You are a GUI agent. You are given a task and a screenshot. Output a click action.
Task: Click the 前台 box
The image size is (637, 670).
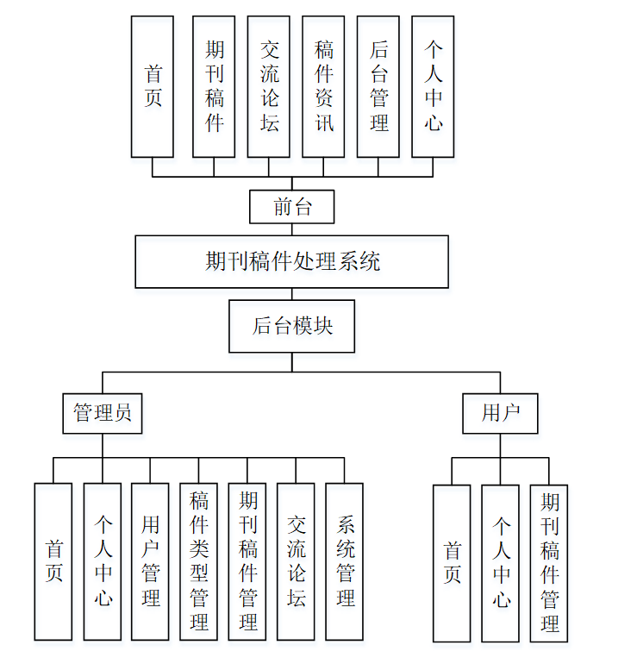(291, 207)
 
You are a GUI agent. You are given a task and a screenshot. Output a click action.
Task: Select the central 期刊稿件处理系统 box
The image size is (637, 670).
(291, 261)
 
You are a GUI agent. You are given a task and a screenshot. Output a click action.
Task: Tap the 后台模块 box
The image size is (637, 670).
(291, 326)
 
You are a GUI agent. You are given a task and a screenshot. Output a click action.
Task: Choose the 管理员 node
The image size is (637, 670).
(103, 413)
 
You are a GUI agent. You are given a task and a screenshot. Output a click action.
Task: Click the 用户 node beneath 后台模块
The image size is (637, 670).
(500, 413)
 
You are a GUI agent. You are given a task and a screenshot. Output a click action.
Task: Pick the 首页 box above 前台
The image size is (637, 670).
(153, 86)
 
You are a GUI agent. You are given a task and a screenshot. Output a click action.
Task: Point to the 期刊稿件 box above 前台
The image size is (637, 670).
(214, 86)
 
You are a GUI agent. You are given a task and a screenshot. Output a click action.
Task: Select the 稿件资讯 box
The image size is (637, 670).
(323, 86)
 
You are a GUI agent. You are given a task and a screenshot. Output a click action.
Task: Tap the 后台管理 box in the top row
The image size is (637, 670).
(378, 86)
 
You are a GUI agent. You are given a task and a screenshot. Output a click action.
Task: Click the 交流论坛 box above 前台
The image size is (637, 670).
(269, 86)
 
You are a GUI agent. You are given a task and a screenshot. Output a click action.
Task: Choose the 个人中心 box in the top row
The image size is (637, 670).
(433, 86)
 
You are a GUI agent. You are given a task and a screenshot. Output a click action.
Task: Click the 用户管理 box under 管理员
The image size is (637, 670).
(150, 561)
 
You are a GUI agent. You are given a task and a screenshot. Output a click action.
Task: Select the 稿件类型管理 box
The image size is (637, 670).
(198, 561)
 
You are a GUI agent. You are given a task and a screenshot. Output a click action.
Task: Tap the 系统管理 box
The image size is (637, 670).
(344, 561)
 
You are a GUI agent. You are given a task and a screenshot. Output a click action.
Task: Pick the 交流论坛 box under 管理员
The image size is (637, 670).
(296, 561)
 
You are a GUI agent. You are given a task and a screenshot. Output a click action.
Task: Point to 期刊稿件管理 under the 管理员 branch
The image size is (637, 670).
(247, 561)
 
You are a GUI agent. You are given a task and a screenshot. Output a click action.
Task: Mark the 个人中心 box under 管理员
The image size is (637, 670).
(103, 561)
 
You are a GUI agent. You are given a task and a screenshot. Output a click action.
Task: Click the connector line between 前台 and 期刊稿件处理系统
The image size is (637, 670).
(291, 229)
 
